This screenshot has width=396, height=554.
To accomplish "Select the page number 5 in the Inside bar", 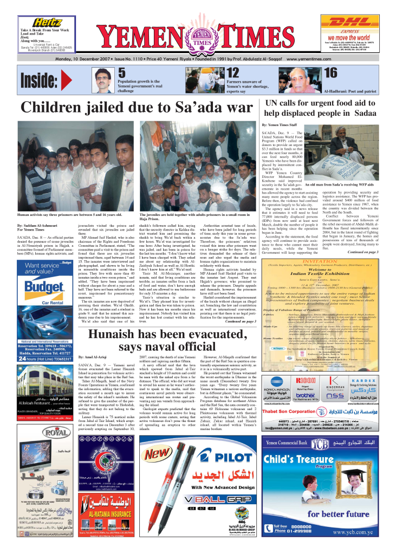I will pyautogui.click(x=122, y=73).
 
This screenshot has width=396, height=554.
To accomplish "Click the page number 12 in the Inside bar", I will pyautogui.click(x=233, y=73).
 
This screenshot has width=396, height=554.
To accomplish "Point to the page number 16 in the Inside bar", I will pyautogui.click(x=330, y=73).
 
